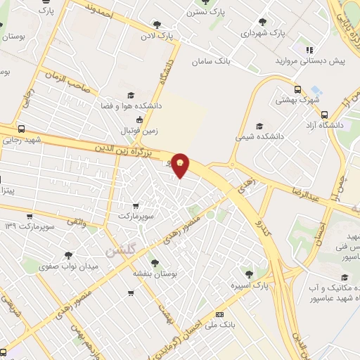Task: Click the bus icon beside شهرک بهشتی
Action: tap(298, 89)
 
